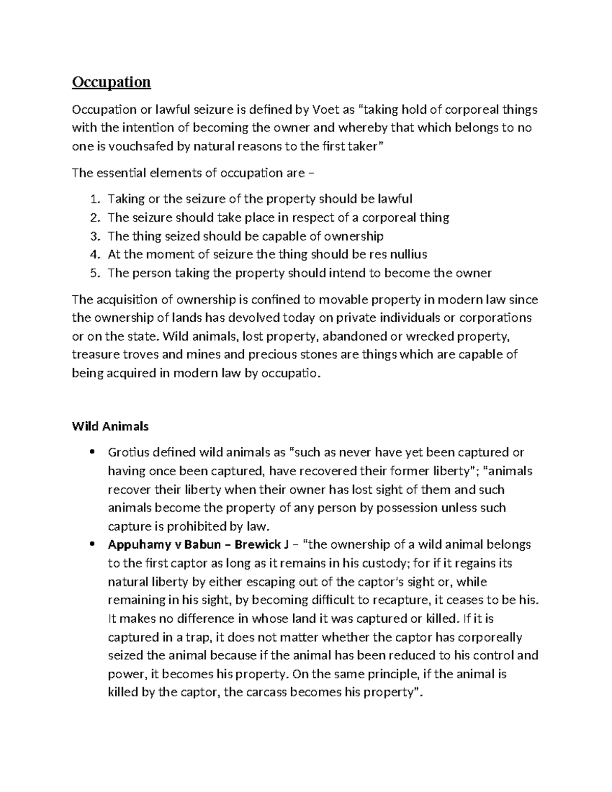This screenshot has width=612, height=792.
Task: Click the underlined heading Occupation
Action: point(111,82)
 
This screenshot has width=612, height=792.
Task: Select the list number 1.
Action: point(95,199)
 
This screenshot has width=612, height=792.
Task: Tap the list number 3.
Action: point(95,236)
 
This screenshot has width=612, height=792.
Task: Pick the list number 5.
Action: point(95,273)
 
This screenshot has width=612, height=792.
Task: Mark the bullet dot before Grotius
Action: point(92,453)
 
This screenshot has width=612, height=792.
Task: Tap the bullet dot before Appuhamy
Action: point(92,545)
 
